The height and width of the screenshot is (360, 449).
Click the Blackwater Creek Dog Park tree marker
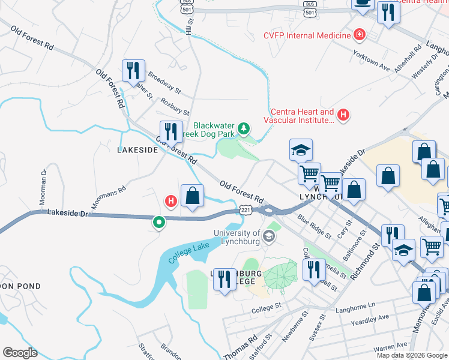pos(244,128)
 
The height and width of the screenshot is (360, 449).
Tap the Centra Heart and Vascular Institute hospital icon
pos(343,114)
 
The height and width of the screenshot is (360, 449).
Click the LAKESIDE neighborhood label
pos(137,150)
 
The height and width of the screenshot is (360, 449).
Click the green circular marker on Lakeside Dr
pos(159,222)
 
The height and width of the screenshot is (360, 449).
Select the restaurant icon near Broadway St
pos(133,70)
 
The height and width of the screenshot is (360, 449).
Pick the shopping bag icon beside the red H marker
pos(192,196)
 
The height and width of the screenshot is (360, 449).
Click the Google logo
pos(20,352)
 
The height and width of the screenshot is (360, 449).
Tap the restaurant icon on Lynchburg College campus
pos(224,279)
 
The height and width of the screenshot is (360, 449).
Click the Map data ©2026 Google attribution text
pos(412,355)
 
